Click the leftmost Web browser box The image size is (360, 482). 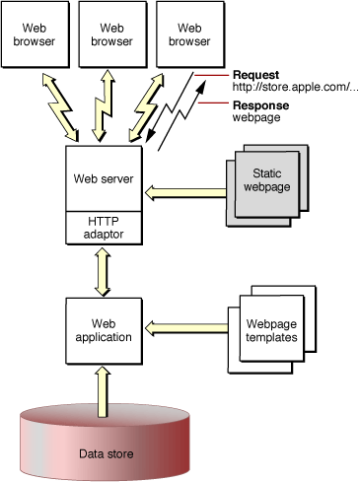34,35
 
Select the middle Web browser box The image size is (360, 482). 105,35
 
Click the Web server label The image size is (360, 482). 104,179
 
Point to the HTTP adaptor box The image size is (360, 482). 104,229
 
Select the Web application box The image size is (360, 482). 104,328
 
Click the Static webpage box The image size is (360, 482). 266,180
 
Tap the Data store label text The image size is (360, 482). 105,454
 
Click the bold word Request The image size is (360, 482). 254,75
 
